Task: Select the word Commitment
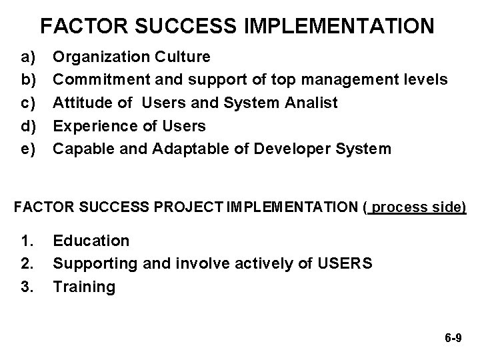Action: (101, 80)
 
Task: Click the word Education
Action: (91, 241)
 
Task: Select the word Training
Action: (84, 286)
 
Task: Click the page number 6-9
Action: (453, 339)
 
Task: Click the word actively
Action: (267, 263)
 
